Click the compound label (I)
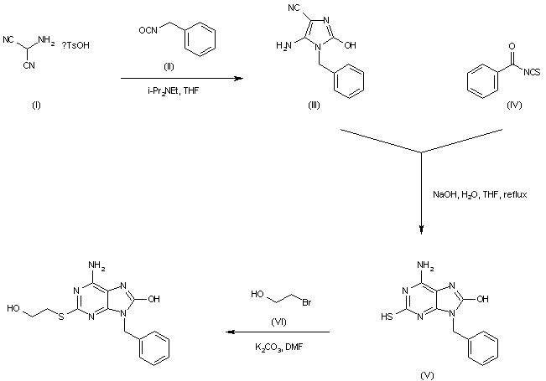[x=36, y=105]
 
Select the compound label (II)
[x=169, y=66]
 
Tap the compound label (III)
[x=314, y=105]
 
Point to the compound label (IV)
[x=514, y=105]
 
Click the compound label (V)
[x=427, y=375]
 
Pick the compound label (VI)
[x=278, y=322]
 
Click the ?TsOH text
[x=75, y=45]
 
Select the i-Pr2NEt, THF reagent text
[x=173, y=91]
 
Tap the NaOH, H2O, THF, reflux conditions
[x=480, y=194]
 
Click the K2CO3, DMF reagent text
[x=278, y=347]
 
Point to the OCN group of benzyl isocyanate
[x=148, y=30]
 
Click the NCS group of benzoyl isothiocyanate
[x=532, y=72]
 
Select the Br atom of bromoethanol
[x=306, y=303]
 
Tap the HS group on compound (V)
[x=387, y=317]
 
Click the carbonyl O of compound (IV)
[x=512, y=46]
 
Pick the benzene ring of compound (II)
[x=200, y=39]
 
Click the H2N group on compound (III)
[x=283, y=45]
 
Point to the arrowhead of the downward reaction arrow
[x=421, y=229]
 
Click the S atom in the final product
[x=61, y=317]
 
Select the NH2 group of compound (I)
[x=46, y=41]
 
